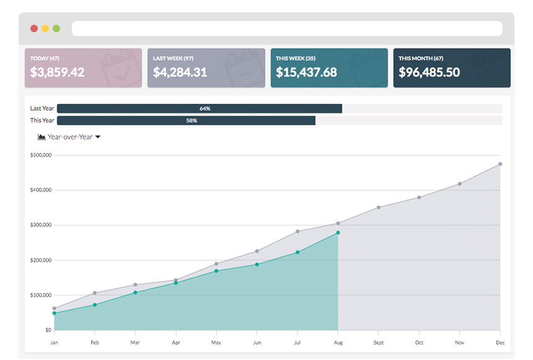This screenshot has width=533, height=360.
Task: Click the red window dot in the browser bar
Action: [34, 29]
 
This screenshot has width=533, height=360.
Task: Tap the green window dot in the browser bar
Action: [56, 29]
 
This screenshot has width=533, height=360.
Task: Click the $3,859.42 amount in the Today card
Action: [58, 72]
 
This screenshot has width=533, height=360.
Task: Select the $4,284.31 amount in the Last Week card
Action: [180, 72]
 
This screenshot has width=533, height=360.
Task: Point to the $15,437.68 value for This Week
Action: [306, 72]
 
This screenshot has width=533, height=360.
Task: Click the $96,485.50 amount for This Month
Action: [429, 72]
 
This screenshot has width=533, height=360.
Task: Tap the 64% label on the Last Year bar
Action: [205, 108]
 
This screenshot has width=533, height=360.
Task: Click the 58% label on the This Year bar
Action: [192, 121]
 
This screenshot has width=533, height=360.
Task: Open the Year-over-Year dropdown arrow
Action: [98, 137]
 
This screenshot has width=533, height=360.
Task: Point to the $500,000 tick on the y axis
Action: [41, 155]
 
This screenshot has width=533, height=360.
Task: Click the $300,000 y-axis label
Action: [41, 225]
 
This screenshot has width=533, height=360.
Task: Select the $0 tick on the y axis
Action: [47, 330]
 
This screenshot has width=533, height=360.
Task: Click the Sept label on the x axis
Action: [379, 343]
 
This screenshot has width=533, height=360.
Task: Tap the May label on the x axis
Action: [216, 343]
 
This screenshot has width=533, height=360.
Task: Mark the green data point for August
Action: [338, 233]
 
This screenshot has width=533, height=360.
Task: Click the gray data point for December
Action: [500, 164]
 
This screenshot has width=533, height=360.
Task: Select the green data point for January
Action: [54, 314]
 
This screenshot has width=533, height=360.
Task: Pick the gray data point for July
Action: [297, 232]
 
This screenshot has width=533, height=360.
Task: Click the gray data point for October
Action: [419, 198]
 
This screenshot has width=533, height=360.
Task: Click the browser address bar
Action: [287, 29]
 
